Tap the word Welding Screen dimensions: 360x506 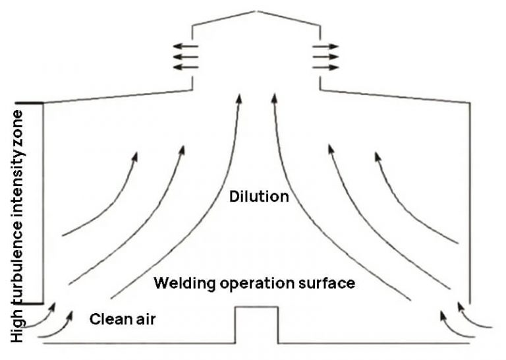(x=179, y=284)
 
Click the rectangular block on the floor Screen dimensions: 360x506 (x=256, y=324)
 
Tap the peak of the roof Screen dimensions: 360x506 (x=257, y=11)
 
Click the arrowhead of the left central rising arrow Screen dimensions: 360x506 (x=238, y=99)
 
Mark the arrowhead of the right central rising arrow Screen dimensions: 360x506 (x=273, y=99)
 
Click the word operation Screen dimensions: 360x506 (x=252, y=284)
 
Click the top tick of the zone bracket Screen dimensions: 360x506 (x=29, y=103)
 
